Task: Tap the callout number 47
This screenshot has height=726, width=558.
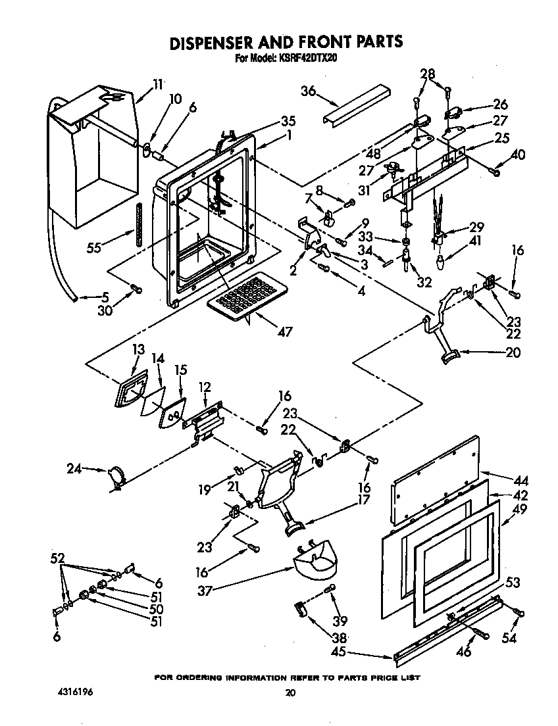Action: tap(284, 332)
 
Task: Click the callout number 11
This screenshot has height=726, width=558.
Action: tap(157, 84)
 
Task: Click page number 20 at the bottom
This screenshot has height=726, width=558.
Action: tap(290, 692)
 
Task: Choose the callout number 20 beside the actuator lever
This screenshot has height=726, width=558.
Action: tap(513, 352)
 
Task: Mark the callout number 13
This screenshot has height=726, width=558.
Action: tap(137, 350)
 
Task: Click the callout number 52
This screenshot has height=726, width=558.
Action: tap(57, 558)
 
